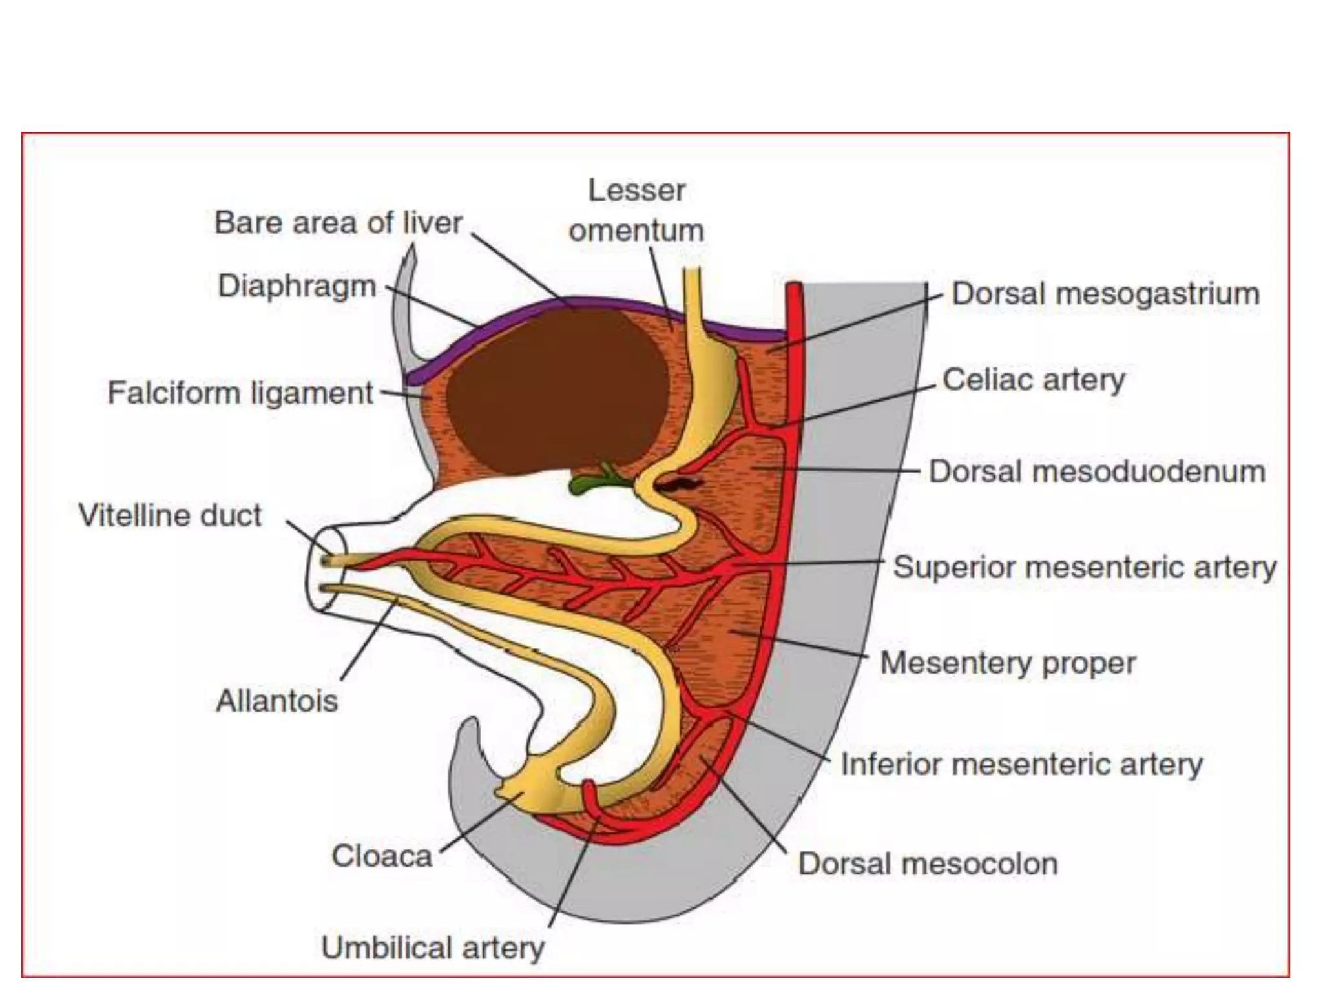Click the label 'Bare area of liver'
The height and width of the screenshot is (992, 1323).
[338, 223]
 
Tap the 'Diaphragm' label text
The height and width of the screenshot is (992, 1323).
[297, 286]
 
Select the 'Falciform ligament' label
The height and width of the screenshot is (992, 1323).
[240, 393]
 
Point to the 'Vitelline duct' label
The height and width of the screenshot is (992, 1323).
[170, 515]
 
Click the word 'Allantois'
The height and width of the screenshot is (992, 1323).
[276, 701]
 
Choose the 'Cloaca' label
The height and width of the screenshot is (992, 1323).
[381, 856]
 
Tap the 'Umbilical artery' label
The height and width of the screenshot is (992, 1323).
[433, 948]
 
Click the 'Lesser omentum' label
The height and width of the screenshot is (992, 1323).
[636, 211]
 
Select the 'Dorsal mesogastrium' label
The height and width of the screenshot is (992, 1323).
[1105, 294]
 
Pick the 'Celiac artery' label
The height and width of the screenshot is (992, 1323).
[1034, 380]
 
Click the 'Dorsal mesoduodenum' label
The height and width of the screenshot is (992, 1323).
[1096, 471]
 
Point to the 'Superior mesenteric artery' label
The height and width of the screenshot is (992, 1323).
[1085, 568]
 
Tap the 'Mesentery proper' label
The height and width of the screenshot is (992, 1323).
[1008, 663]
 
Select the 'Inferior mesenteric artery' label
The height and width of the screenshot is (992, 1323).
[1021, 765]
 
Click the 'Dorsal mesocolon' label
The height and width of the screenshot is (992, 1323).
[928, 864]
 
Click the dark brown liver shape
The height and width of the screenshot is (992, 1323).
[556, 387]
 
